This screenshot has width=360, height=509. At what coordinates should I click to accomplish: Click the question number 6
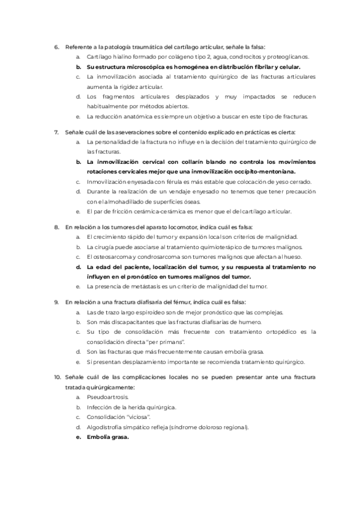(x=56, y=46)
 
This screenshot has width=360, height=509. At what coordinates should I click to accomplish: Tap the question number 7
(x=56, y=131)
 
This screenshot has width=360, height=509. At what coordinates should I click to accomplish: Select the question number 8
(x=56, y=227)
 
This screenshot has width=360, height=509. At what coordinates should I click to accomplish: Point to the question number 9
(x=56, y=302)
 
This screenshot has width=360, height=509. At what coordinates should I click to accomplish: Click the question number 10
(x=57, y=377)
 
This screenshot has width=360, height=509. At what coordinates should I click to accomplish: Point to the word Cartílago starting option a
(x=99, y=56)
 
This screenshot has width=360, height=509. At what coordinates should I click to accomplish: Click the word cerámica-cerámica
(x=152, y=212)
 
